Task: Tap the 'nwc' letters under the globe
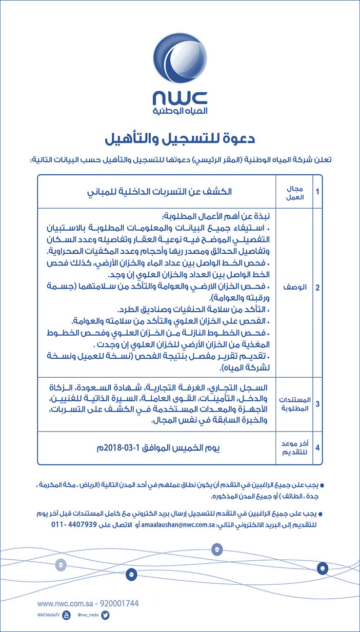[180, 98]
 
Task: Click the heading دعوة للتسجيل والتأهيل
[180, 138]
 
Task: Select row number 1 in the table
[317, 192]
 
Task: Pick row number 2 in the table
[317, 288]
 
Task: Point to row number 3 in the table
[317, 404]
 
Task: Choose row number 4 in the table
[317, 447]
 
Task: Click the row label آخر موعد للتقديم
[294, 447]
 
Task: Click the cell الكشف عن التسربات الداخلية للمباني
[158, 192]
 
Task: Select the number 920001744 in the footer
[118, 604]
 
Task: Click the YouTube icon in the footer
[66, 616]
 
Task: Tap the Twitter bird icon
[106, 616]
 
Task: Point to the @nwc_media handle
[88, 616]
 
